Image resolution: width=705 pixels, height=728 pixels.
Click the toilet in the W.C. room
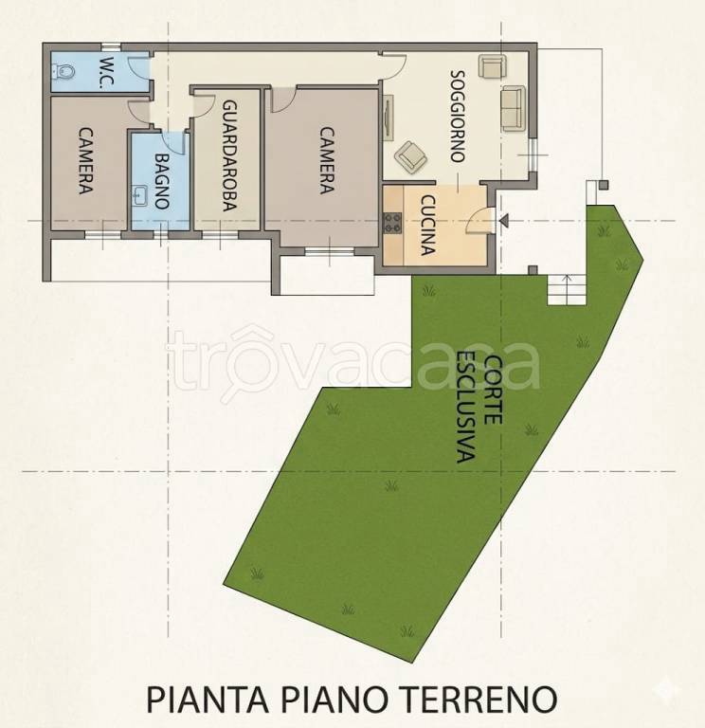click(x=63, y=71)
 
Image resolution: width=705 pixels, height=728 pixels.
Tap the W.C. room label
click(x=108, y=72)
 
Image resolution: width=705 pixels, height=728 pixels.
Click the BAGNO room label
click(x=161, y=181)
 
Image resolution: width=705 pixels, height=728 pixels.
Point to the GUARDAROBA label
click(x=229, y=156)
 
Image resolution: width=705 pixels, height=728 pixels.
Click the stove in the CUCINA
click(x=392, y=223)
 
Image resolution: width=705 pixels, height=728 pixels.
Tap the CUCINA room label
click(x=428, y=225)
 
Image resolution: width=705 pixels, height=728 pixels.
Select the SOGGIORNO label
click(x=458, y=116)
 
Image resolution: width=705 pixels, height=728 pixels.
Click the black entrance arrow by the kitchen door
click(x=503, y=221)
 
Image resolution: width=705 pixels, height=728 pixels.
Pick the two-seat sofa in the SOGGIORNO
click(x=514, y=108)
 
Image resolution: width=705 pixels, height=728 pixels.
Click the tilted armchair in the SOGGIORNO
click(x=410, y=156)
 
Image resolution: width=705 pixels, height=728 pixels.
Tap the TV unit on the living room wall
click(x=388, y=118)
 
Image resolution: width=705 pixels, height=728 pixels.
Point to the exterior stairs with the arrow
click(x=567, y=290)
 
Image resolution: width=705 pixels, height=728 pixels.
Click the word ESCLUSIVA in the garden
click(x=465, y=407)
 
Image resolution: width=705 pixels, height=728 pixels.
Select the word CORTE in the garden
click(x=493, y=389)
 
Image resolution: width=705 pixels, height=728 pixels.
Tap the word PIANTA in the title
click(x=208, y=700)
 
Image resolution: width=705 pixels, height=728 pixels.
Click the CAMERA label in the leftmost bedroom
click(x=85, y=160)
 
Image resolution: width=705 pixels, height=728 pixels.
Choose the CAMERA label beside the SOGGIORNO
click(x=327, y=160)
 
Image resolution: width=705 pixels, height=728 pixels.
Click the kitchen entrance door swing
click(x=478, y=220)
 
